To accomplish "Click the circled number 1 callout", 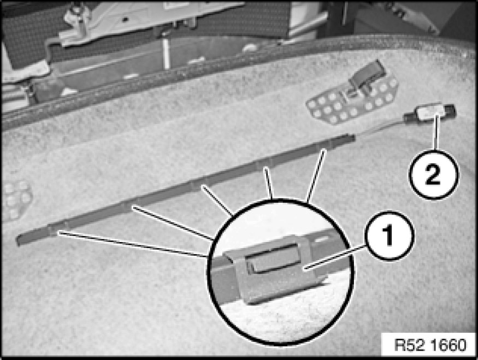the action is (390, 235).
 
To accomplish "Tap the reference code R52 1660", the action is (430, 345).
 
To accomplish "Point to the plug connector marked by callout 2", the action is (429, 114).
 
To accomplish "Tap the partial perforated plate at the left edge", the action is (16, 200).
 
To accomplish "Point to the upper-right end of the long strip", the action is (353, 138).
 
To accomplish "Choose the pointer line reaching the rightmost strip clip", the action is (316, 175).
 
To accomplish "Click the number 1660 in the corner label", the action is (450, 345).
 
